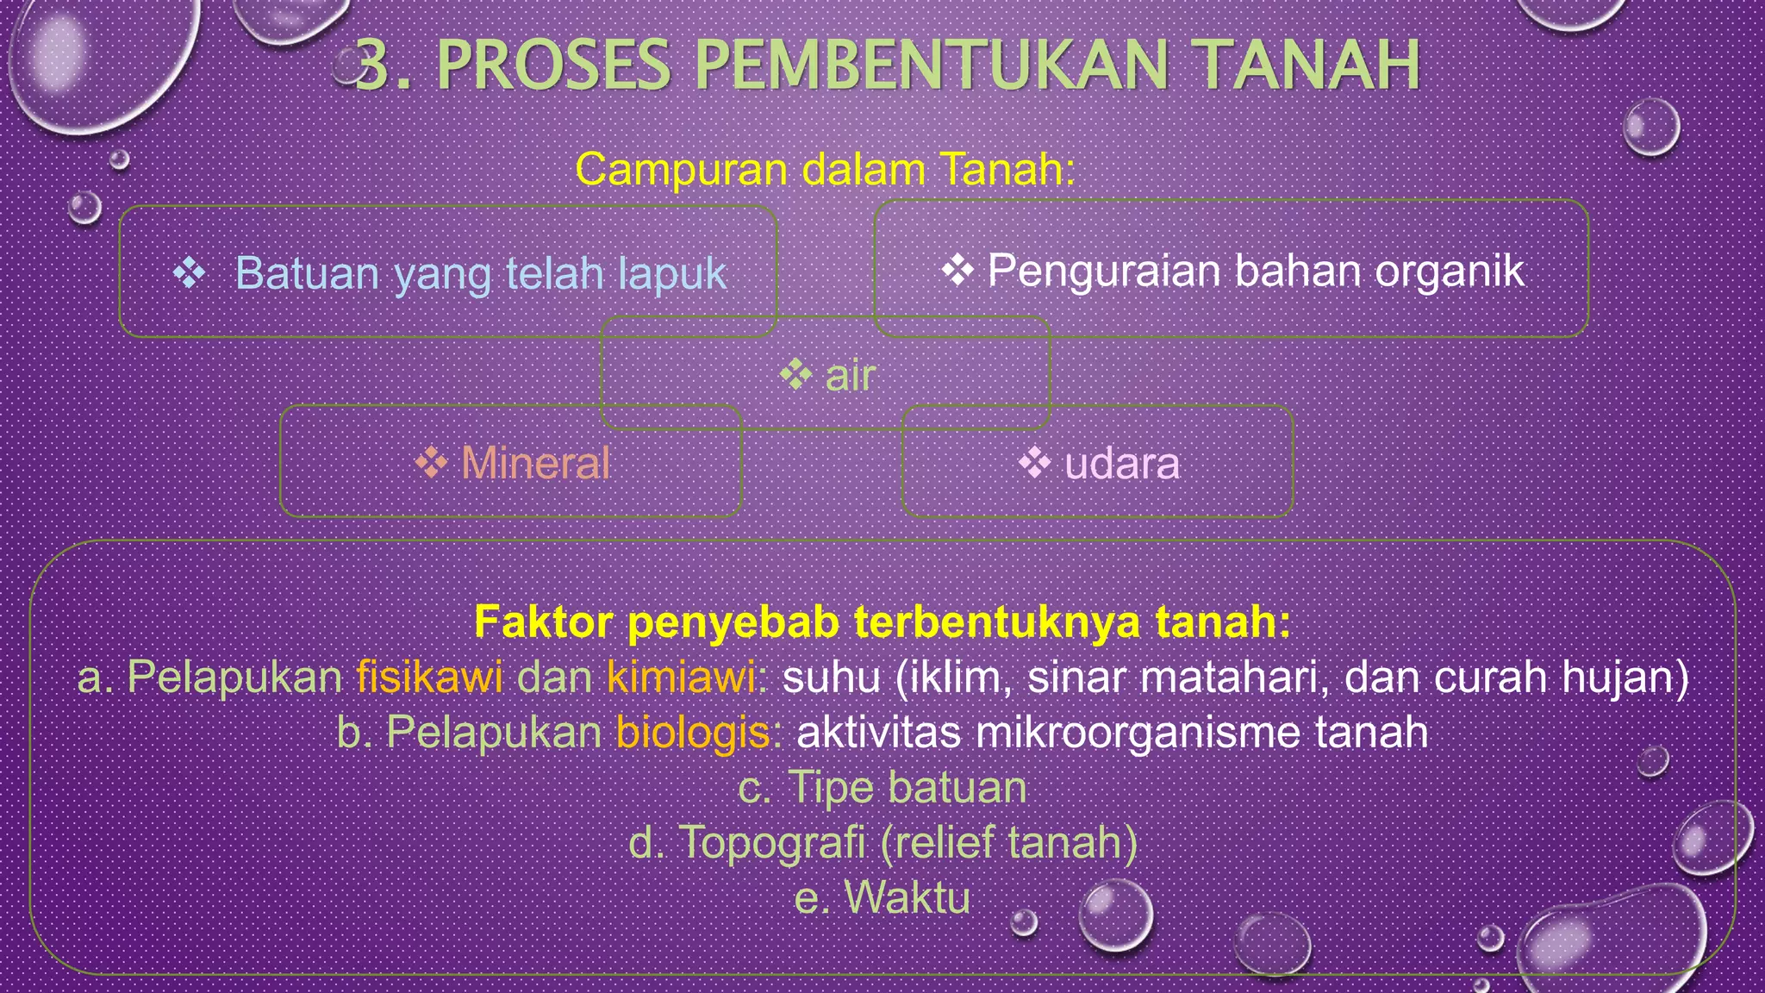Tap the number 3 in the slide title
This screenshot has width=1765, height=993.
371,66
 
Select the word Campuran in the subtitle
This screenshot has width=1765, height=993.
681,169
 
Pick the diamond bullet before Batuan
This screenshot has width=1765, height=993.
189,273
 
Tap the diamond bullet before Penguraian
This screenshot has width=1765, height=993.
957,271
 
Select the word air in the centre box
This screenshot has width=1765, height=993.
851,376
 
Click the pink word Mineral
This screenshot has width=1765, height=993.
535,463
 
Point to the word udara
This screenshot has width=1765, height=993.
1122,464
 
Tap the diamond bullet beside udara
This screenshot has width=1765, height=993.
1034,463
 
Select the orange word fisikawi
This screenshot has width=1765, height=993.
429,677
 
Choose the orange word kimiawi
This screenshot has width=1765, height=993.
681,677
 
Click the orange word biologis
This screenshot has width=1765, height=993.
693,733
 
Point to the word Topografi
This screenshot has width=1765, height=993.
772,842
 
